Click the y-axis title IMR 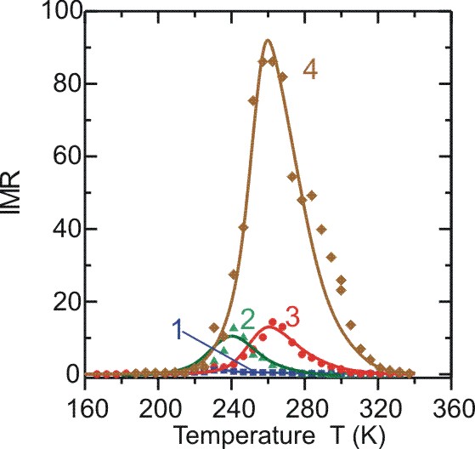pyautogui.click(x=10, y=193)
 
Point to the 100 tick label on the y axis pyautogui.click(x=63, y=12)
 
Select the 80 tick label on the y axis pyautogui.click(x=68, y=83)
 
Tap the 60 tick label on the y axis pyautogui.click(x=68, y=156)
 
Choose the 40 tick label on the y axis pyautogui.click(x=68, y=229)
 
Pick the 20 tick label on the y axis pyautogui.click(x=68, y=302)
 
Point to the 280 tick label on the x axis pyautogui.click(x=305, y=410)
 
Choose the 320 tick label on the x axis pyautogui.click(x=378, y=410)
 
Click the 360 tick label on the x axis pyautogui.click(x=452, y=410)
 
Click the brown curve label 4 pyautogui.click(x=310, y=71)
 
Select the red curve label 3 pyautogui.click(x=292, y=317)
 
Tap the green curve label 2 pyautogui.click(x=247, y=320)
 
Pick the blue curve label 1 pyautogui.click(x=178, y=330)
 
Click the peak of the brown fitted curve pyautogui.click(x=267, y=40)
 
